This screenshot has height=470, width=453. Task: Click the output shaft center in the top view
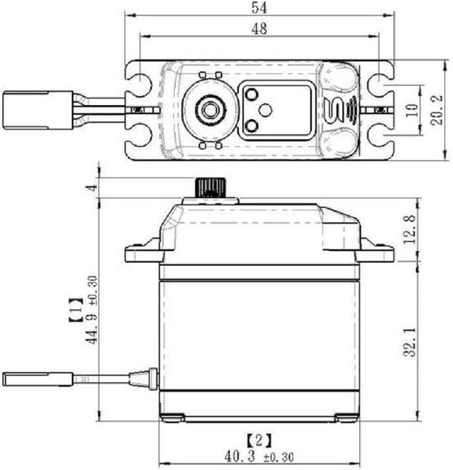209,108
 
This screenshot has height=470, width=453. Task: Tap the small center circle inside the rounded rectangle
264,110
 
